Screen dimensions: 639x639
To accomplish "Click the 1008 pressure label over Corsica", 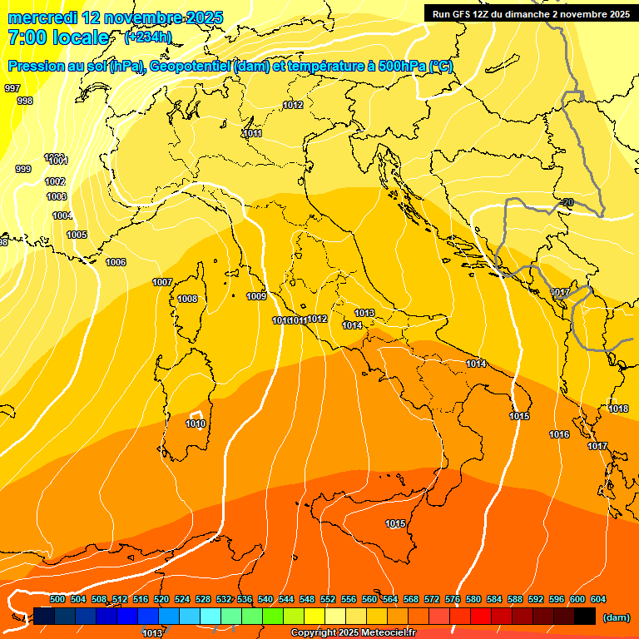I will click(x=187, y=299).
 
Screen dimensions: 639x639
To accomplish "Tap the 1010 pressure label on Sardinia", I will click(x=196, y=424).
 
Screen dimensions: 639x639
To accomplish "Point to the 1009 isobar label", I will click(x=256, y=296).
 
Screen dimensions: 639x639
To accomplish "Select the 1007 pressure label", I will click(x=162, y=282).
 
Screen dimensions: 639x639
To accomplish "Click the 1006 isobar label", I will click(x=116, y=262).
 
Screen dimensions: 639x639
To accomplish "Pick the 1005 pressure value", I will click(x=77, y=235).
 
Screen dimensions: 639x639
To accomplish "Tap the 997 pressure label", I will click(x=12, y=88).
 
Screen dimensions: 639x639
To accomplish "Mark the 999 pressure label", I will click(x=23, y=169).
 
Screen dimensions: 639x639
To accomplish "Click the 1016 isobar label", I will click(x=559, y=435).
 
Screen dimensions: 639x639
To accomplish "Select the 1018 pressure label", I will click(x=618, y=409).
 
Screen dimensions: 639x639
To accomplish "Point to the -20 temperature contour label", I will click(x=567, y=202).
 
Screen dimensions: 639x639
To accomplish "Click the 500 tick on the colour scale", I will click(x=57, y=599).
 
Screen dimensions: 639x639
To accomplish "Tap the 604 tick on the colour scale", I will click(x=598, y=599).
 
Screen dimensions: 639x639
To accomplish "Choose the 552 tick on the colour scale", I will click(x=328, y=599).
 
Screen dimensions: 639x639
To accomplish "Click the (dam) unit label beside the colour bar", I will click(x=616, y=617).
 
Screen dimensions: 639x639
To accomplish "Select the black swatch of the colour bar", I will click(x=585, y=616).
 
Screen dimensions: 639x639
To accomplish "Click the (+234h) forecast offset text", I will click(x=148, y=37).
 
